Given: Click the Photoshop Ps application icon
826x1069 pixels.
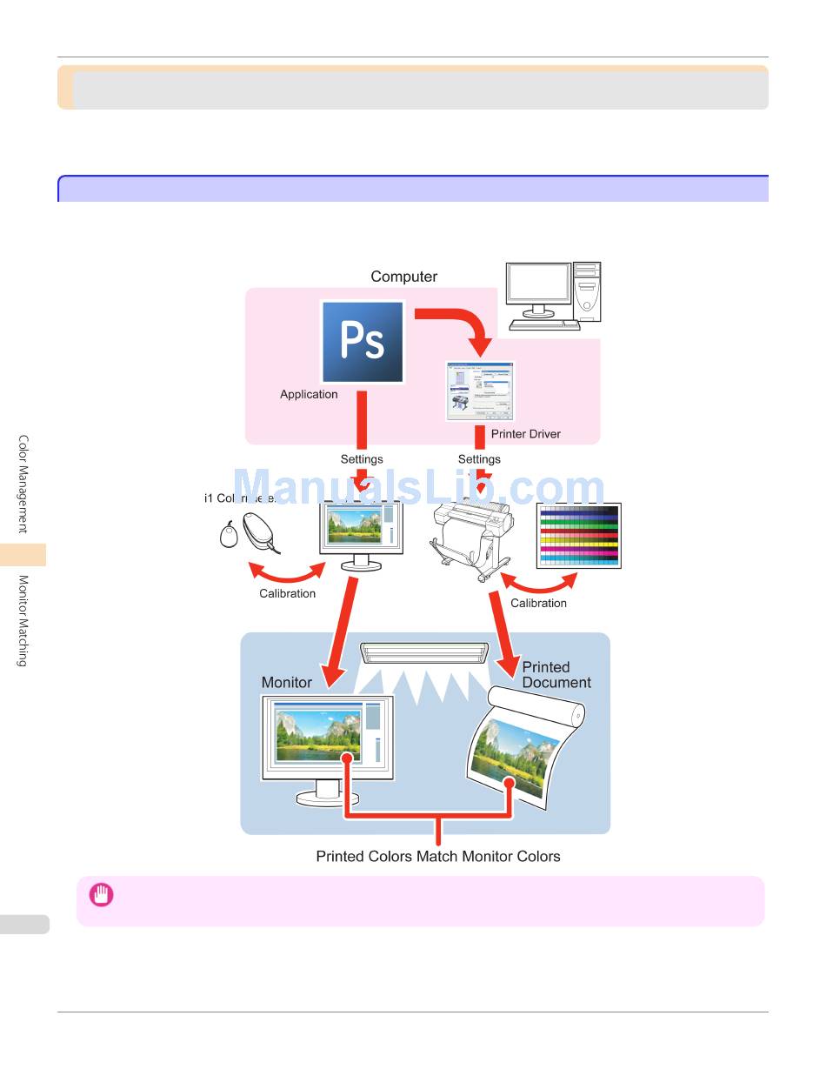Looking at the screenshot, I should click(363, 342).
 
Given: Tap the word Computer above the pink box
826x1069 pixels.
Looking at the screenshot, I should click(403, 277).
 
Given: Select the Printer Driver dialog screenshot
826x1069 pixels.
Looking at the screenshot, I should click(479, 391).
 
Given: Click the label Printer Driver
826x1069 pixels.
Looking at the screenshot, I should click(525, 434).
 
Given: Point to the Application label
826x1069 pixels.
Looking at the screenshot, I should click(309, 394).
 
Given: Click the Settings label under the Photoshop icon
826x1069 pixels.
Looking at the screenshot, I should click(362, 459).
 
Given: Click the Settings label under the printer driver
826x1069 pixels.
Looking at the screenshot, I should click(479, 459).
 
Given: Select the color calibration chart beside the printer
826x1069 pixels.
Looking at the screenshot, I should click(578, 536).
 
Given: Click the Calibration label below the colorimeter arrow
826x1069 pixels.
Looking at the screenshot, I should click(287, 594).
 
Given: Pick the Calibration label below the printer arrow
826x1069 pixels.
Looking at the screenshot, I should click(538, 604).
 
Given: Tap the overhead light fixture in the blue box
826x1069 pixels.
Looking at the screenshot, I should click(424, 653).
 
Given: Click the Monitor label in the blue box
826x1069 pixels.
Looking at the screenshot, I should click(286, 683).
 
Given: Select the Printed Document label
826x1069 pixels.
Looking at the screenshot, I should click(556, 675).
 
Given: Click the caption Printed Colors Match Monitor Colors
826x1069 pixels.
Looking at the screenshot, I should click(437, 857).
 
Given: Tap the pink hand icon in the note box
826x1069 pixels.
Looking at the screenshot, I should click(102, 895).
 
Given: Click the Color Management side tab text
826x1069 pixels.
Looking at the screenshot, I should click(23, 484).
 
